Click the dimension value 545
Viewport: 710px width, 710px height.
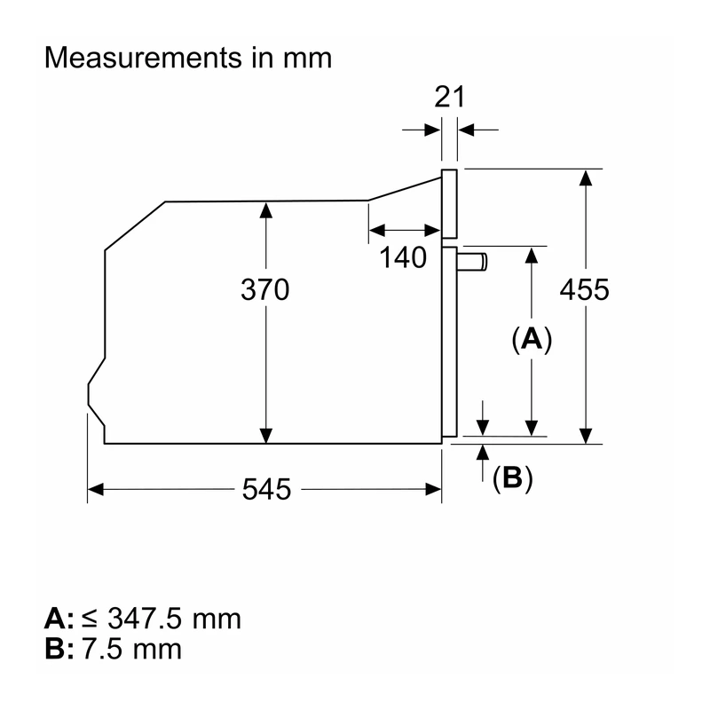pos(266,489)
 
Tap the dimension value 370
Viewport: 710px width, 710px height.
pos(264,290)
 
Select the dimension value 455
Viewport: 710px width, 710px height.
pos(585,290)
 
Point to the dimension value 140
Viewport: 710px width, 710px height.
pos(403,257)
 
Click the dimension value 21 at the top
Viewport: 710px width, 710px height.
pos(449,97)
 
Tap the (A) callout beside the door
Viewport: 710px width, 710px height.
pos(532,339)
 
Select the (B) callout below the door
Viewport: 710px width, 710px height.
pos(513,477)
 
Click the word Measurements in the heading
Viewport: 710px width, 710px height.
pos(143,58)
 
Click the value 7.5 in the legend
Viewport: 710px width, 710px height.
pos(102,649)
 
